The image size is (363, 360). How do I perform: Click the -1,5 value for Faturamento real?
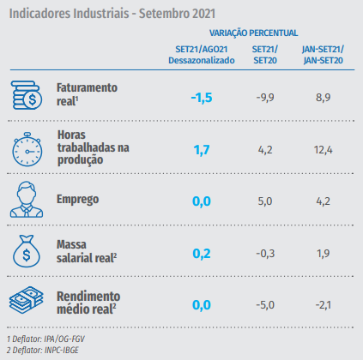pos(202,98)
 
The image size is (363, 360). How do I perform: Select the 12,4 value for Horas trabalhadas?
pos(324,150)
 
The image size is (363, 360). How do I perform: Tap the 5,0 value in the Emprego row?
pos(265,201)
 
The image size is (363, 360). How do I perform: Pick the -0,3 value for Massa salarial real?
pos(265,254)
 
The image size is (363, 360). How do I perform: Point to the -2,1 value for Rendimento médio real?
pos(324,305)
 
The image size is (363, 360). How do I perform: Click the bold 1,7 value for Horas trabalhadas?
pos(202,150)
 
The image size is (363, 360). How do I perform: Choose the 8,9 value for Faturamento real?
pos(324,98)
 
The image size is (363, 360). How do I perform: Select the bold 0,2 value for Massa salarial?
pos(202,254)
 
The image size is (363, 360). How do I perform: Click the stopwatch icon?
pos(27,149)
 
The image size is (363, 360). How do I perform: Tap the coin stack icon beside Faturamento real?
pos(27,95)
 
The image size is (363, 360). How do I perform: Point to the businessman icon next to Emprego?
pos(27,200)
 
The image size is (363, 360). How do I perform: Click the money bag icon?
pos(27,251)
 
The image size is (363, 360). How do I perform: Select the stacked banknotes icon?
pos(27,300)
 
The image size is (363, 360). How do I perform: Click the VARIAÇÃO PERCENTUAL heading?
pos(253,33)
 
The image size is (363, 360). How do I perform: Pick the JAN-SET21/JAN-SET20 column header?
pos(323,55)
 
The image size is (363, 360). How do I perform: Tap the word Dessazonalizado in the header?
pos(202,61)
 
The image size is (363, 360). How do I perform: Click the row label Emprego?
pos(77,200)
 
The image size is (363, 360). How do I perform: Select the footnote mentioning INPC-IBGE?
pos(43,351)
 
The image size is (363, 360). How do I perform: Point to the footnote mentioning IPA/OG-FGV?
pos(45,339)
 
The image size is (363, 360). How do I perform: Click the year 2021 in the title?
pos(203,14)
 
